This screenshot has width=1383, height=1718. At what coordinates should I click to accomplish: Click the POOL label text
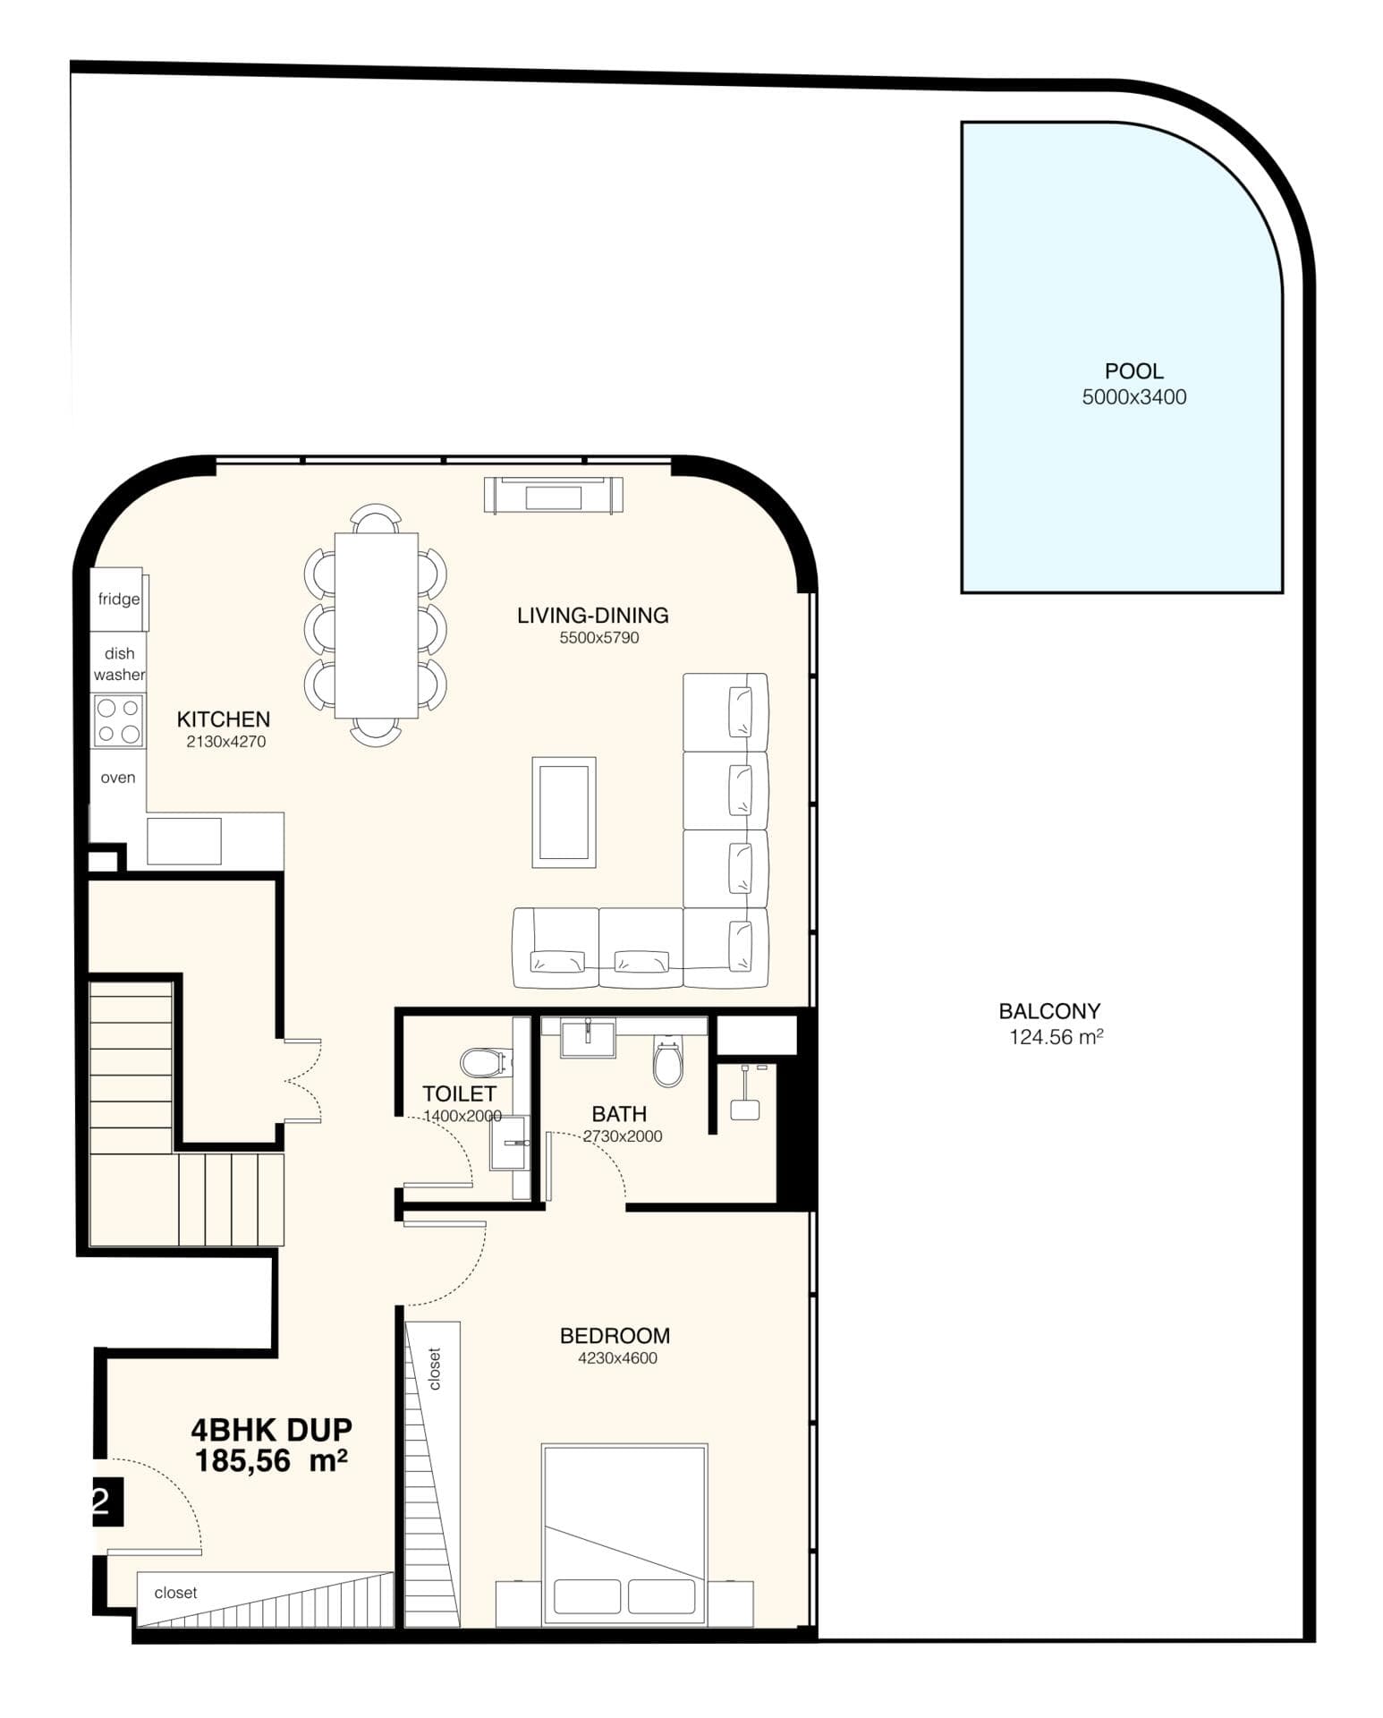(1133, 370)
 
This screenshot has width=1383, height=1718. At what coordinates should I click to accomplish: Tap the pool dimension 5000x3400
(1133, 396)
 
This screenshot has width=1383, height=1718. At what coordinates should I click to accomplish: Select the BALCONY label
(1048, 1011)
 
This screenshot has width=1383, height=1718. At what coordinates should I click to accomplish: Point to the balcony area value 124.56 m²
(1056, 1037)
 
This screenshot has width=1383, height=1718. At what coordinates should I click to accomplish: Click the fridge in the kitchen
(118, 599)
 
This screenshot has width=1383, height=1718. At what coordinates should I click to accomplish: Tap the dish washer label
(118, 664)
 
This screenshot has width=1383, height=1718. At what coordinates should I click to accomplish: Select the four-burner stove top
(118, 721)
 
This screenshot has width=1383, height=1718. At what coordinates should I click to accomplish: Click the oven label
(118, 778)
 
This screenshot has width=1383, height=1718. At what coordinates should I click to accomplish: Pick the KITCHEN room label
(223, 719)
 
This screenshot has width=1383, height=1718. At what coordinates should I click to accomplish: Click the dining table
(376, 625)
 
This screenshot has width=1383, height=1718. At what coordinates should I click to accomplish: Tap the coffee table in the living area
(564, 812)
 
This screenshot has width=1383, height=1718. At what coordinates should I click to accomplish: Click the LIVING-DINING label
(592, 615)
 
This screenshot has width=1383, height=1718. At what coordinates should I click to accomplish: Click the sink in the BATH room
(587, 1038)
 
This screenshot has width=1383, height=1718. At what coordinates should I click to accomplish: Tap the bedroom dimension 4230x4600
(617, 1357)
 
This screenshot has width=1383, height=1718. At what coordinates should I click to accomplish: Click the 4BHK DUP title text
(271, 1429)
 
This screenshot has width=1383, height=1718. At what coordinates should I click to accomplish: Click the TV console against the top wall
(553, 495)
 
